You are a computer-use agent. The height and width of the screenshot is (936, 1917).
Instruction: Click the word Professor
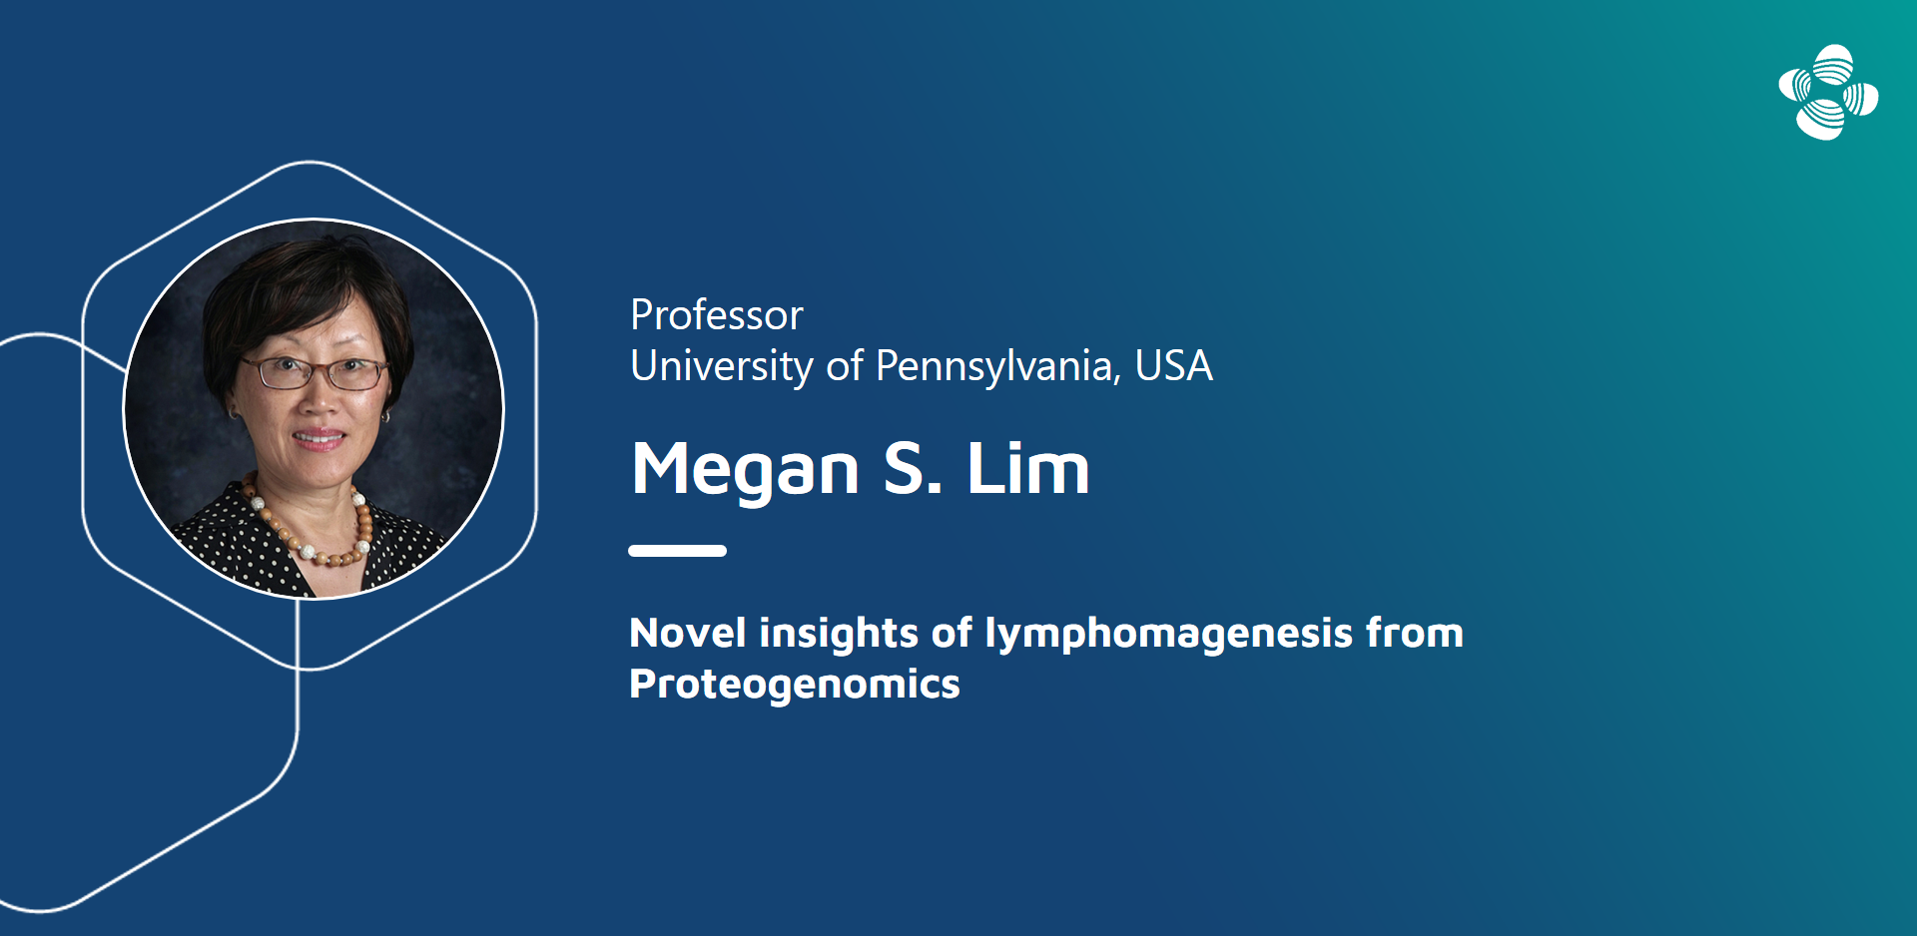coord(716,315)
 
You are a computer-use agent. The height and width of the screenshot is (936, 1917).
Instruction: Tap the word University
coord(722,366)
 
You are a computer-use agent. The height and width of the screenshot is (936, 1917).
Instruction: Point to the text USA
coord(1174,366)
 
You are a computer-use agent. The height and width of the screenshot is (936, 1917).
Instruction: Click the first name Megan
coord(746,470)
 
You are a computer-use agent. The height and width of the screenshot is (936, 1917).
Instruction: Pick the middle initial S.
coord(913,468)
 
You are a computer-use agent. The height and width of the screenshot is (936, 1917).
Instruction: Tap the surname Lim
coord(1027,467)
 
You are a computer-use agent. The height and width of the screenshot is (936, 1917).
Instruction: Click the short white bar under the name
coord(677,551)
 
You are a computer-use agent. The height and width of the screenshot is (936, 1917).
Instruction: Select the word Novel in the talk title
coord(688,634)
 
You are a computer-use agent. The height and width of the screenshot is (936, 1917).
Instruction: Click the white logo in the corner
coord(1828,93)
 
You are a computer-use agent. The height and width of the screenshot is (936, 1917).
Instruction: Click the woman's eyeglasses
coord(313,374)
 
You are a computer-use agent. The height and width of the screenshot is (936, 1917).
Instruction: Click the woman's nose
coord(319,399)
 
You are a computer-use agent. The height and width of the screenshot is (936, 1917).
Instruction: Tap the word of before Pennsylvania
coord(845,366)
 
